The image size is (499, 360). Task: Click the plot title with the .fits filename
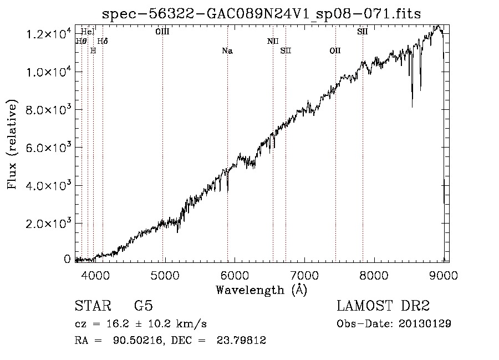tap(262, 14)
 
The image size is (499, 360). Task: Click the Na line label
tap(227, 51)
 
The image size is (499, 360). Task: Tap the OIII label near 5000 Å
tap(162, 32)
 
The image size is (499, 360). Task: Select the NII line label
tap(273, 41)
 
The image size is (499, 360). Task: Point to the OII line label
tap(335, 51)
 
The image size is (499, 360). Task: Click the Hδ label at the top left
tap(103, 41)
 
